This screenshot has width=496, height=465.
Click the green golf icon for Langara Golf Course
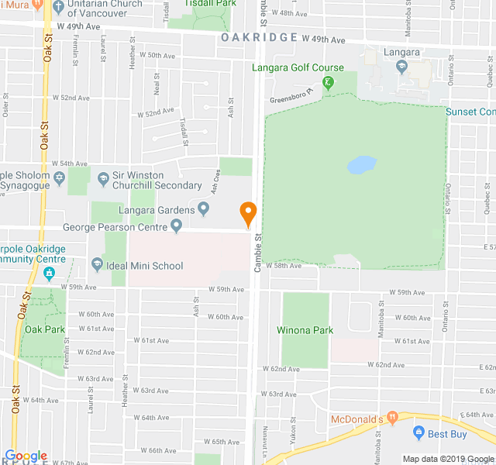329,83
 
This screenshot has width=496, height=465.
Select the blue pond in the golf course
362,165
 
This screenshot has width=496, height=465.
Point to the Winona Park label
305,330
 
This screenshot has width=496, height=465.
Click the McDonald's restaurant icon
393,418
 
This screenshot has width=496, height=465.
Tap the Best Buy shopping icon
418,432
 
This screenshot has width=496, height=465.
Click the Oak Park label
43,329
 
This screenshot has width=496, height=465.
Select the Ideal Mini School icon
97,265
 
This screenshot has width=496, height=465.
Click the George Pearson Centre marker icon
177,226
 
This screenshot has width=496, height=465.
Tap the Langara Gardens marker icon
204,208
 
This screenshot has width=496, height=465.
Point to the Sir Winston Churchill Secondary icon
103,179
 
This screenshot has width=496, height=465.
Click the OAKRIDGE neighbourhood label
259,37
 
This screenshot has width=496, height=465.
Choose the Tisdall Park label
212,3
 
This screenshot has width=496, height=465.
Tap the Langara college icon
401,66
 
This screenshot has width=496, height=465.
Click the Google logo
26,456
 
